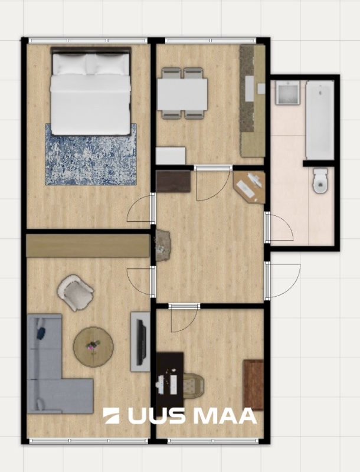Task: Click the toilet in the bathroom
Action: [x=320, y=181]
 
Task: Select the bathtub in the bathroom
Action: [x=320, y=120]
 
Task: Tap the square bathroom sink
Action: [x=287, y=93]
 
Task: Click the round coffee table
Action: [x=93, y=347]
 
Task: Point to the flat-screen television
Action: [x=141, y=342]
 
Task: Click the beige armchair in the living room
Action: [x=76, y=292]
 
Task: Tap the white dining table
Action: [x=182, y=94]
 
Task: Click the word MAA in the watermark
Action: [x=224, y=416]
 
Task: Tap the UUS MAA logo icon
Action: [x=111, y=416]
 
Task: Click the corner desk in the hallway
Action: [x=250, y=187]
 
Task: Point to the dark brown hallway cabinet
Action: [x=174, y=181]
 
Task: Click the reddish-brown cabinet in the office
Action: [x=253, y=385]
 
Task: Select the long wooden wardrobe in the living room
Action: [x=88, y=245]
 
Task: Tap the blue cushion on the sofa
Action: [x=41, y=332]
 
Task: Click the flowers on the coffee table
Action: [x=93, y=345]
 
